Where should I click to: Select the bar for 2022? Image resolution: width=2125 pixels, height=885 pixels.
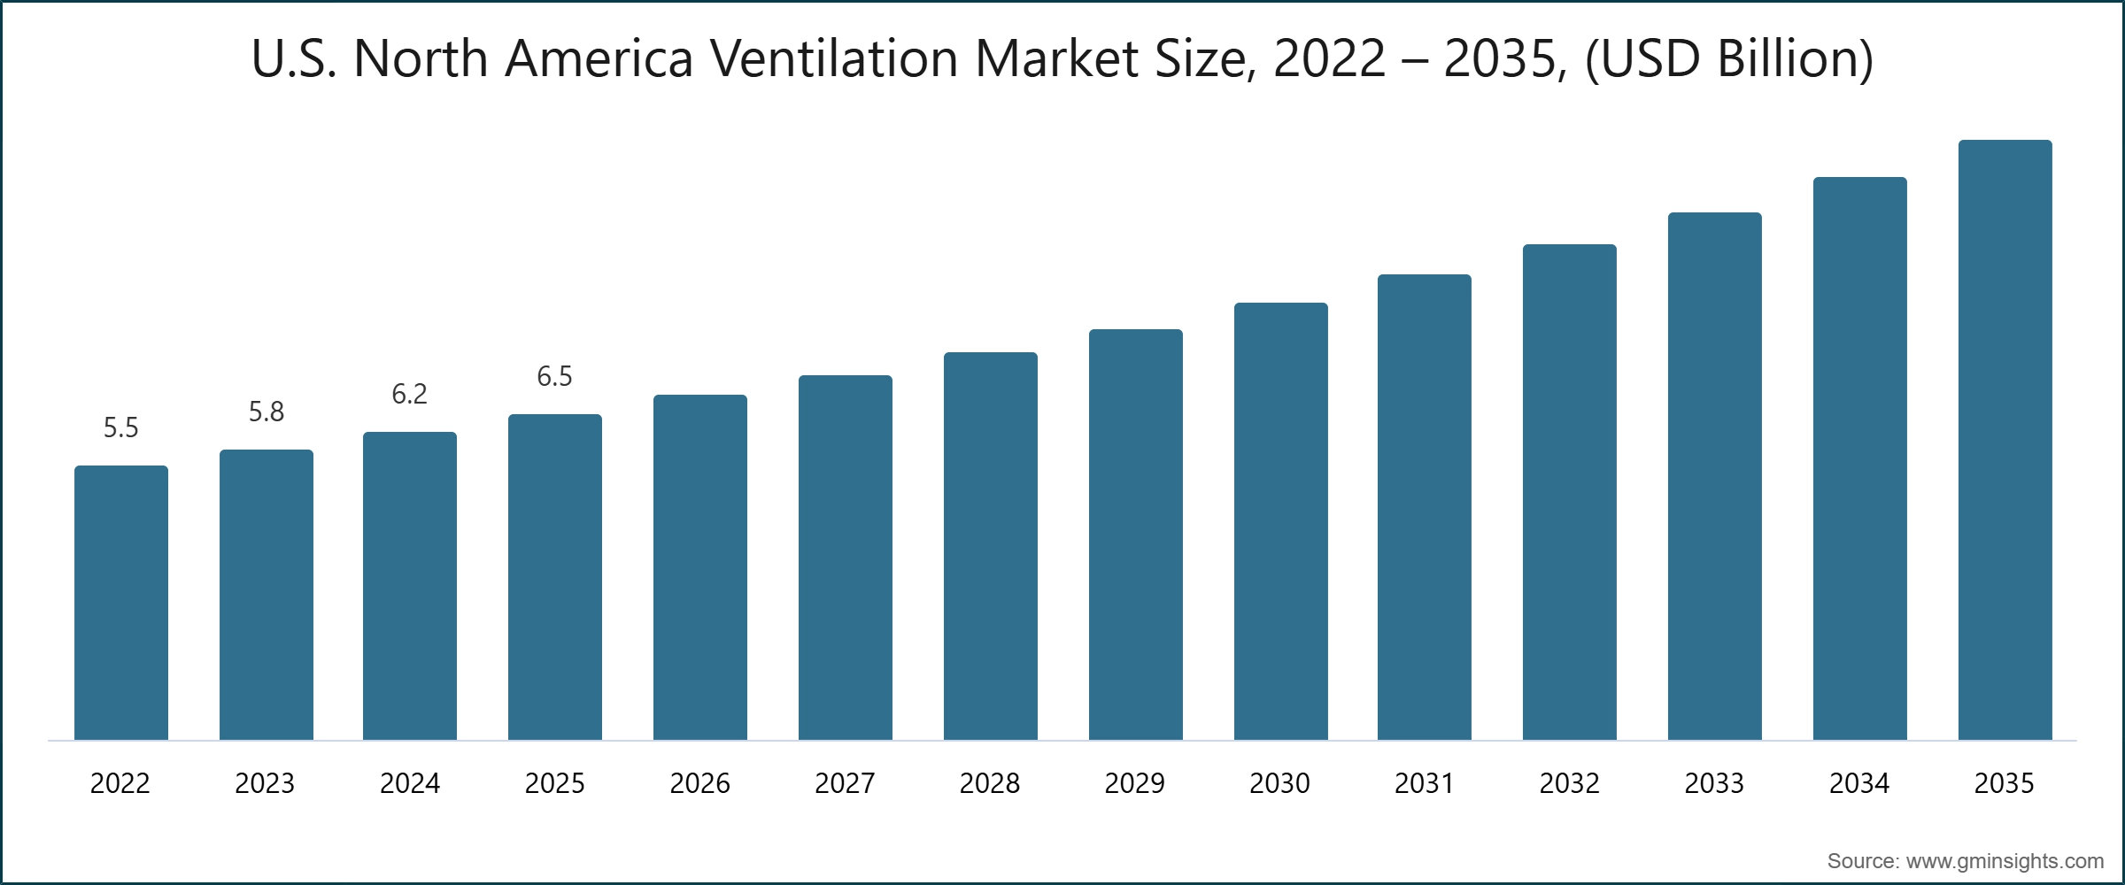click(121, 602)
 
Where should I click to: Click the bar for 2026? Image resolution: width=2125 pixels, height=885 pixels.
click(700, 566)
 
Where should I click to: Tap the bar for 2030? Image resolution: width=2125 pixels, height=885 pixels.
click(1280, 522)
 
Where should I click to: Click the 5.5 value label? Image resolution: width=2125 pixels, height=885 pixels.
click(121, 428)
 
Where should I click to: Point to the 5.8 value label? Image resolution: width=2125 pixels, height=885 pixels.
click(266, 412)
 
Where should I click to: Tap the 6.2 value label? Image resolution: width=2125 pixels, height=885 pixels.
click(410, 394)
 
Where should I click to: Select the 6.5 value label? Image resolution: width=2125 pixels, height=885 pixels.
click(555, 376)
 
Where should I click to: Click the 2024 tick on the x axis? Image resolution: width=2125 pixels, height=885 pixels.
click(410, 783)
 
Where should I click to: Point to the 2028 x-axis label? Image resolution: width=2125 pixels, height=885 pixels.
click(990, 783)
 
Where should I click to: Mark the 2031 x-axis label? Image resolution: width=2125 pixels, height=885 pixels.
click(1425, 783)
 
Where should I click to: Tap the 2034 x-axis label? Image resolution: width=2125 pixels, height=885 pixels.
click(1859, 783)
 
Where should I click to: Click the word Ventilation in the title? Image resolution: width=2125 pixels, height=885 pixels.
click(833, 58)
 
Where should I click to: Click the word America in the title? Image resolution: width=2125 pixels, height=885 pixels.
click(599, 58)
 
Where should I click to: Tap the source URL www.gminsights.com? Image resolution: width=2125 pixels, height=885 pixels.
click(2005, 861)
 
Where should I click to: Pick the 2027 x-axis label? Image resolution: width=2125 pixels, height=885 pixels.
click(845, 783)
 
